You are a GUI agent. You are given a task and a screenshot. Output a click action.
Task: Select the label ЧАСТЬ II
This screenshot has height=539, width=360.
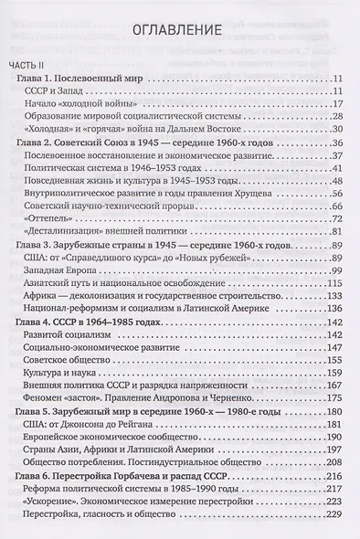coord(31,65)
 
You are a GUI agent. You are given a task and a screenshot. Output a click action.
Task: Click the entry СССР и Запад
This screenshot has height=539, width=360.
coord(60,95)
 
